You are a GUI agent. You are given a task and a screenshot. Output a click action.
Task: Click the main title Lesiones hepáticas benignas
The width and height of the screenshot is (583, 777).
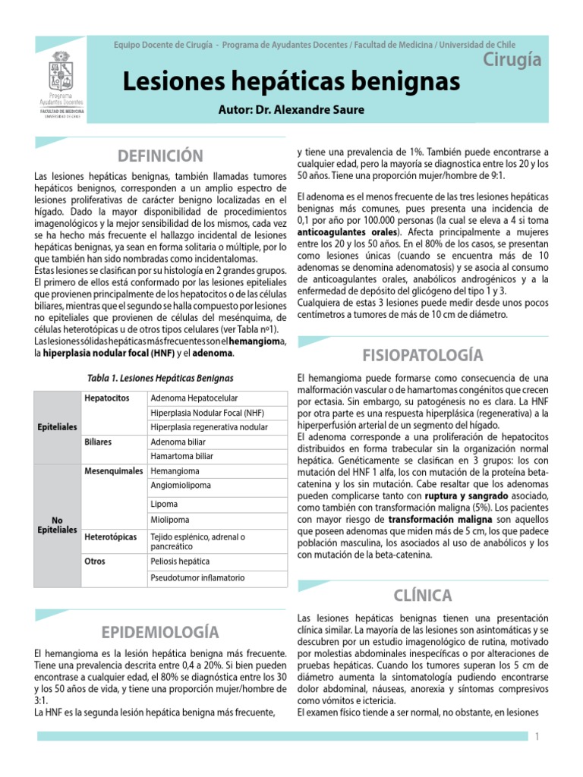(x=291, y=80)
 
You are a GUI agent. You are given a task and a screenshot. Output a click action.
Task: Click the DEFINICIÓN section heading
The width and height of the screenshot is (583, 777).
(x=160, y=156)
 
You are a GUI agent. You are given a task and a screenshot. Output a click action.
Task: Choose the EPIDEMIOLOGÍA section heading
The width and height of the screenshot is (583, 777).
(x=160, y=631)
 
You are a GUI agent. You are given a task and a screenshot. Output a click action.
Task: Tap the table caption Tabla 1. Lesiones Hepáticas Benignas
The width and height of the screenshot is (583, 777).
(x=159, y=378)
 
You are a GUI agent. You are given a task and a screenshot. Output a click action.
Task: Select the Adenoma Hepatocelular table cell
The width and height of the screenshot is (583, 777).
(x=194, y=398)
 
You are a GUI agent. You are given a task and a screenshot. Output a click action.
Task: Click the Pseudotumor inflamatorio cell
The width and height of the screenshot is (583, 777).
(x=197, y=577)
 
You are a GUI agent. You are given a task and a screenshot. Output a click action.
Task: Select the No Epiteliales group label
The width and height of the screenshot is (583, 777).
(x=57, y=524)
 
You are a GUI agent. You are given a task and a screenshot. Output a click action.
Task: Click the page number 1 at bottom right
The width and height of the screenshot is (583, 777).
(x=537, y=736)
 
